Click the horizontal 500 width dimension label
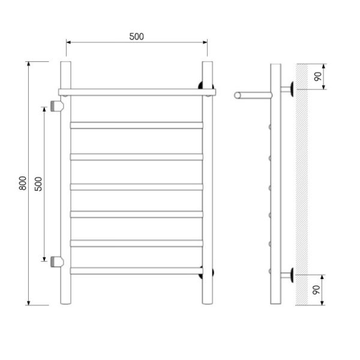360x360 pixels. pyautogui.click(x=137, y=37)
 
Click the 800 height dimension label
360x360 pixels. pyautogui.click(x=23, y=183)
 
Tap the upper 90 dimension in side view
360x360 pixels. pyautogui.click(x=318, y=76)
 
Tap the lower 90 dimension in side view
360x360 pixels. pyautogui.click(x=316, y=290)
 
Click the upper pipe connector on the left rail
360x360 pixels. pyautogui.click(x=57, y=106)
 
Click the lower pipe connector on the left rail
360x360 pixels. pyautogui.click(x=57, y=262)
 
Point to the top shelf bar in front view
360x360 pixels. pyautogui.click(x=137, y=92)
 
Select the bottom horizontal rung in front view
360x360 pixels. pyautogui.click(x=137, y=271)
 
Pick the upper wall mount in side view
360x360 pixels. pyautogui.click(x=287, y=89)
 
